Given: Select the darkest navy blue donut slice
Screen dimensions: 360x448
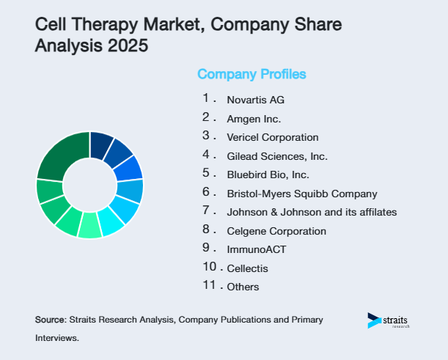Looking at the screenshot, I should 100,144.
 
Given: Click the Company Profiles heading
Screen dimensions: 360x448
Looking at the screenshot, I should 251,74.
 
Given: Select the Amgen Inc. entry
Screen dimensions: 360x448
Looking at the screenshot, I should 254,119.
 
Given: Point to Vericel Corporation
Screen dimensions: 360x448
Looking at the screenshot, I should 272,137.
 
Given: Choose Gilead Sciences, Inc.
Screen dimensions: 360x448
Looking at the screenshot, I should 276,156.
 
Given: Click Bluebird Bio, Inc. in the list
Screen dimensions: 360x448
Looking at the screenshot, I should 268,175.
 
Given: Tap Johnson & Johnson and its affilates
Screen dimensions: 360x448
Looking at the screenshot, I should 312,212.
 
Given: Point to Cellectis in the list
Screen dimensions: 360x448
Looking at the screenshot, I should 248,268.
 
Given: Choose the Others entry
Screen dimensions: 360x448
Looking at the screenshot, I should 243,287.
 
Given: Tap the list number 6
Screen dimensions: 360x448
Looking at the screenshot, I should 207,193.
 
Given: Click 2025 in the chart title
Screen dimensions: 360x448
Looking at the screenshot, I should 126,46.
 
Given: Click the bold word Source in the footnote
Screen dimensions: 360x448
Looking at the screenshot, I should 50,320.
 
